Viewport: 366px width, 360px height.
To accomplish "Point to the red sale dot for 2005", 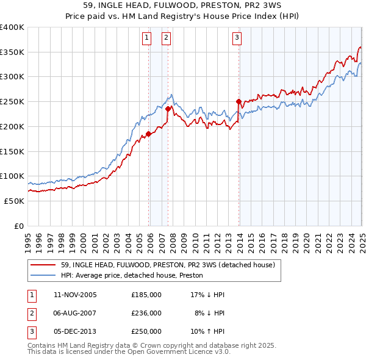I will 148,134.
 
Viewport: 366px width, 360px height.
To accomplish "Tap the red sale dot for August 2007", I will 168,109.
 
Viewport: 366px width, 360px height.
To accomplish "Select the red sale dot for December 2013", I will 239,101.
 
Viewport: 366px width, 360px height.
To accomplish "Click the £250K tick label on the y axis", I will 12,101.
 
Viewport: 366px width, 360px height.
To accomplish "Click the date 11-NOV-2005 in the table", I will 75,295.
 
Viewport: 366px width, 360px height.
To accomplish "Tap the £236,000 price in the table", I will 146,313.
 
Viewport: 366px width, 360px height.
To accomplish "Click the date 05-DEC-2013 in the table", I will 75,331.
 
